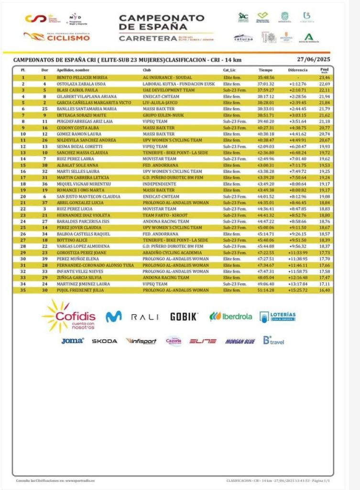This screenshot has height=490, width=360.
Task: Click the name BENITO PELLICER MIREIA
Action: coord(82,77)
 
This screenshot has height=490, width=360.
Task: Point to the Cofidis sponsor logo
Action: coord(70,316)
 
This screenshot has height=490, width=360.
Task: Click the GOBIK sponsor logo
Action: coord(184,317)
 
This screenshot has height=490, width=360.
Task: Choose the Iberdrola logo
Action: coord(230,316)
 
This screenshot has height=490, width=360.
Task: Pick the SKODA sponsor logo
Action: coord(104,341)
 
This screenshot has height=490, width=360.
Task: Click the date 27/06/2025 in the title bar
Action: coord(314,60)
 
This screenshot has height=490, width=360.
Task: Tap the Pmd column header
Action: coord(325,70)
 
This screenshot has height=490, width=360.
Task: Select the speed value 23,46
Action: coord(325,77)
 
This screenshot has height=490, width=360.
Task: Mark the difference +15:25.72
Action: coord(297,290)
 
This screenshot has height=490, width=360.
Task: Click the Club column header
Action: coord(147,70)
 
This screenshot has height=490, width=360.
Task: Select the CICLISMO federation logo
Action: coord(56,36)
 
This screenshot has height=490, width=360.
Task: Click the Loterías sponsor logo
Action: coord(278,316)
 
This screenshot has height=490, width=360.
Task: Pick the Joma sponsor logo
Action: coord(72,341)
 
